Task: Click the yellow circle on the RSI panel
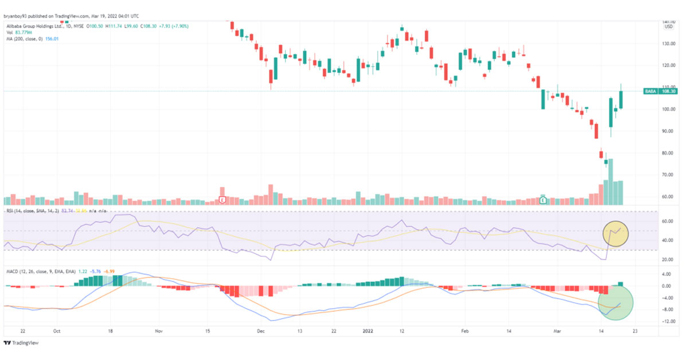616,233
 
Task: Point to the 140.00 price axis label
668,21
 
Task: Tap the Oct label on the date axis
56,331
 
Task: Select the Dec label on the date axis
260,331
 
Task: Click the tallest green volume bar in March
610,182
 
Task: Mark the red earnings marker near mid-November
222,199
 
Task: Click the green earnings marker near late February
543,200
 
